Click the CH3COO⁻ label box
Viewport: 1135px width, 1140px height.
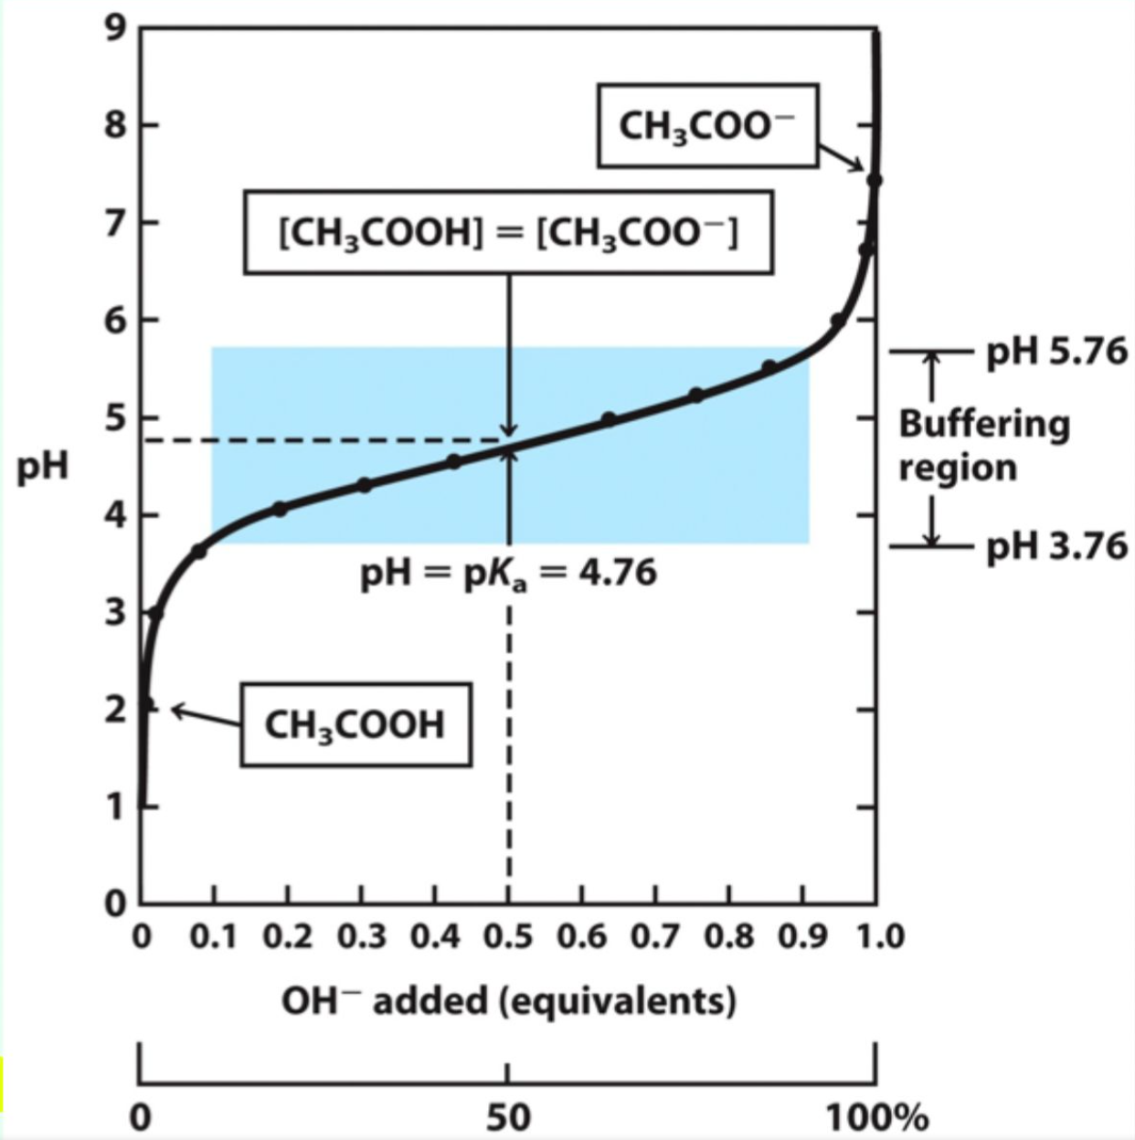coord(707,125)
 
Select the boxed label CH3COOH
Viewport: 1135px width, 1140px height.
coord(355,724)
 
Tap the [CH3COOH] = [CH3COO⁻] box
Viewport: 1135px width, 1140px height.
coord(508,232)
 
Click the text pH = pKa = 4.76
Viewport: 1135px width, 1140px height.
coord(508,574)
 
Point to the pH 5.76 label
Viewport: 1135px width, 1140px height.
coord(1056,352)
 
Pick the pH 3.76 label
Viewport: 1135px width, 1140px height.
coord(1056,546)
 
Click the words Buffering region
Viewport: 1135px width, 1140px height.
coord(983,445)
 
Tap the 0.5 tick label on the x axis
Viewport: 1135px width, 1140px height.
coord(508,937)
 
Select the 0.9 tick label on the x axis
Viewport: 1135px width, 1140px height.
coord(802,937)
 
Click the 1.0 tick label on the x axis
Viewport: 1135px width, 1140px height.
coord(879,937)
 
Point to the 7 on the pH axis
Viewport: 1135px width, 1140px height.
coord(115,222)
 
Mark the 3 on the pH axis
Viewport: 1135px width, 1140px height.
coord(115,612)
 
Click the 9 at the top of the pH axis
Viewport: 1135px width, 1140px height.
coord(115,27)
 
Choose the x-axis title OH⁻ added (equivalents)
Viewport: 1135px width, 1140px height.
coord(508,1001)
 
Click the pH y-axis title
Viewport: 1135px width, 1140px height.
coord(42,467)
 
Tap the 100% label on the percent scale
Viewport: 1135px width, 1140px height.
coord(877,1117)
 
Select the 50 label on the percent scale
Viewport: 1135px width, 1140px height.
coord(508,1117)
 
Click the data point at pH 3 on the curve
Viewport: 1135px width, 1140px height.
coord(155,612)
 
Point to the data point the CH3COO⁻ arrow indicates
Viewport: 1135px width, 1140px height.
coord(874,180)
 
